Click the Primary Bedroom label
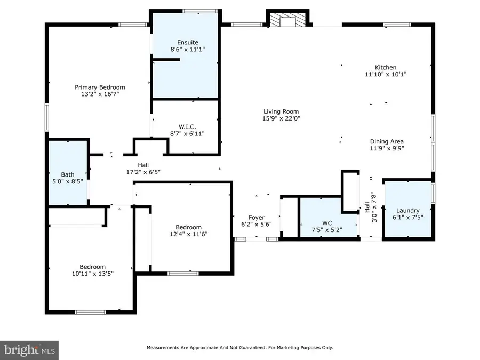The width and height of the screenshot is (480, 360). click(x=100, y=87)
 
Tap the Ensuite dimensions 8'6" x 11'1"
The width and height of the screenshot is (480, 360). click(x=187, y=49)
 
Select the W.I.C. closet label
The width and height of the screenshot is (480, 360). click(x=187, y=126)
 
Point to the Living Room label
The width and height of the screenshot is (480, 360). click(x=281, y=111)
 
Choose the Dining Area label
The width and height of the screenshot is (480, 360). click(x=387, y=141)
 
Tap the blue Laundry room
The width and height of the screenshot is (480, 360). click(x=407, y=210)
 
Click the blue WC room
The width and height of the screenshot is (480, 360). click(x=327, y=219)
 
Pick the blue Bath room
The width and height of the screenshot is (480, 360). click(x=68, y=172)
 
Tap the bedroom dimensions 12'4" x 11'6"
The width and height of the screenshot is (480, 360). click(x=189, y=234)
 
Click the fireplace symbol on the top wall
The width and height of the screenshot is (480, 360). click(x=287, y=20)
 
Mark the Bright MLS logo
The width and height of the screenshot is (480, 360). click(x=29, y=350)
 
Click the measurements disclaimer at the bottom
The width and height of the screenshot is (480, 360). click(x=240, y=348)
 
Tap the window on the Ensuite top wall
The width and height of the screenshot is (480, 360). click(x=199, y=10)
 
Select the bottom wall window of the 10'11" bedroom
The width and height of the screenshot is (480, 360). click(x=90, y=312)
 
